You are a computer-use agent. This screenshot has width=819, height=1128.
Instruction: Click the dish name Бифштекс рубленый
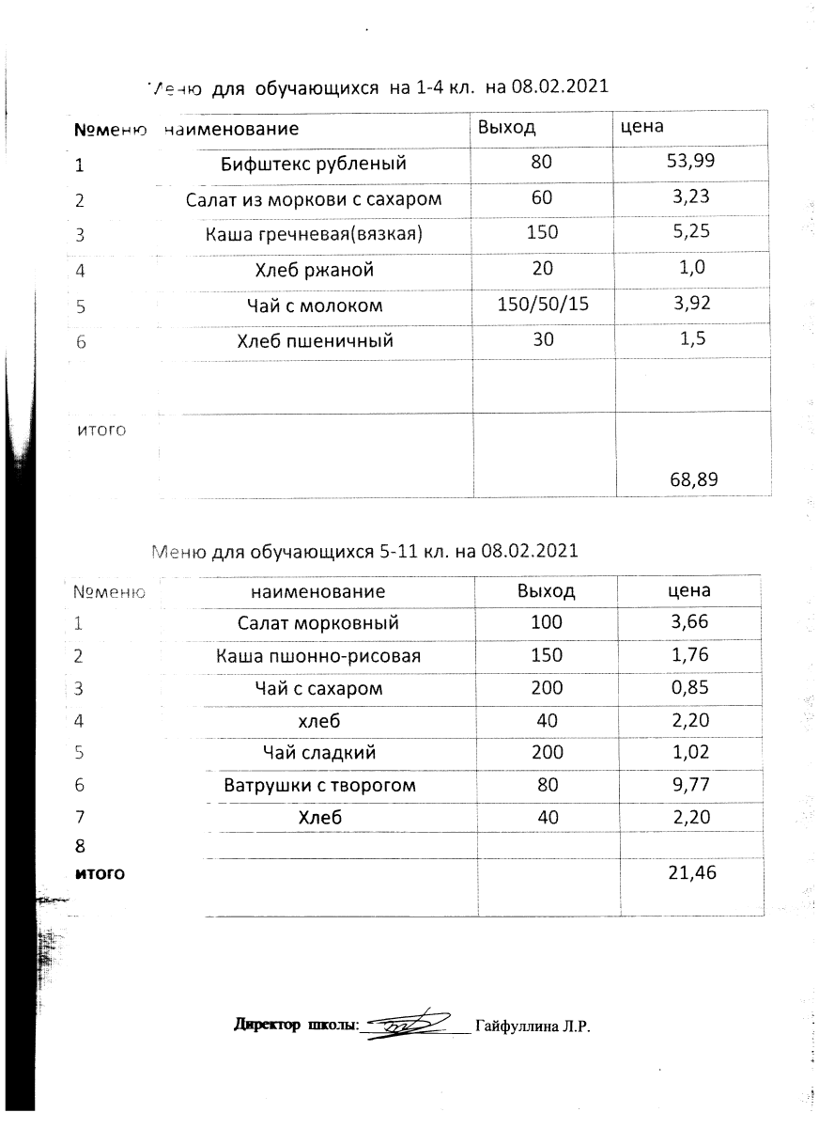314,164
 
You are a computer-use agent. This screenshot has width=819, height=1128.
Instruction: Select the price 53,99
690,162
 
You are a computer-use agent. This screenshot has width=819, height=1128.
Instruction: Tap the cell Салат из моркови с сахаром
314,199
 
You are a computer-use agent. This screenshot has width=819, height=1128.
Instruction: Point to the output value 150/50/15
541,305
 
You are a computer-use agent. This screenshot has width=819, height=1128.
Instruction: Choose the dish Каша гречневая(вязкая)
314,234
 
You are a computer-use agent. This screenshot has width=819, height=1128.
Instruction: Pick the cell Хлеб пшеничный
314,340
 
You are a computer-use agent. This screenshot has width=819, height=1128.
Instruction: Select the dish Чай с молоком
314,305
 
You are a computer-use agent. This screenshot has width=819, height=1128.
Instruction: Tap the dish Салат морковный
318,622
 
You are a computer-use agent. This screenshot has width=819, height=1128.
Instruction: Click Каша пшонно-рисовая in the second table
318,655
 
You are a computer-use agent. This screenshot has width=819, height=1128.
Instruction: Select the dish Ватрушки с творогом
319,785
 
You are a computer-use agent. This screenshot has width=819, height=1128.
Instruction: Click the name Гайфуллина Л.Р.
532,1026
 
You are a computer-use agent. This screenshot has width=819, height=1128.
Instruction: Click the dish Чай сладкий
318,752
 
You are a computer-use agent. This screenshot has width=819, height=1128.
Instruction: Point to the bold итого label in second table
100,873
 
